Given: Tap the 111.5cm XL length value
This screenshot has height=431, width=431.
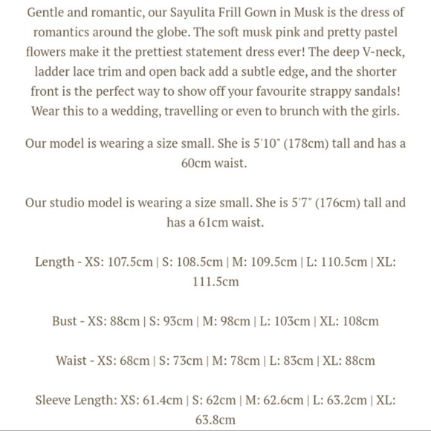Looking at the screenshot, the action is pyautogui.click(x=215, y=282).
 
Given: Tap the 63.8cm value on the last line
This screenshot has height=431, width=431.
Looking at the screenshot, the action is pyautogui.click(x=215, y=420).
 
